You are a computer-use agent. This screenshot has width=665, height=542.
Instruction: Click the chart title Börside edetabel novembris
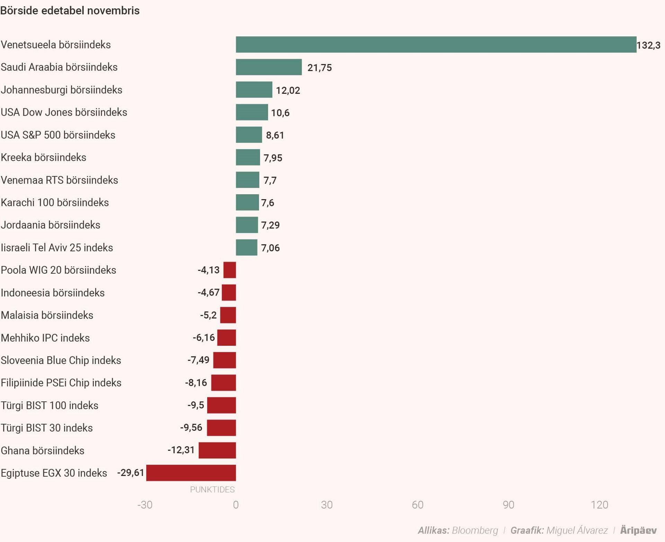(70, 11)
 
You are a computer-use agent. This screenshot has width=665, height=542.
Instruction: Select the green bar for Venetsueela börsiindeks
(436, 45)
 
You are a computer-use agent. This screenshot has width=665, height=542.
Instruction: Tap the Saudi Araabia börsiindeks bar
(268, 67)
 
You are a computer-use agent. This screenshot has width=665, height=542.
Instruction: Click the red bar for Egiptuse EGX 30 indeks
(191, 473)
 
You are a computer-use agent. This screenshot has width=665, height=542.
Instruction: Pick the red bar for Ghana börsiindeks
(217, 450)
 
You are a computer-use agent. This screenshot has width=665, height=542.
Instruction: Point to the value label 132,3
(648, 45)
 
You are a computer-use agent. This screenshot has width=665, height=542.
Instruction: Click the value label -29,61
(131, 473)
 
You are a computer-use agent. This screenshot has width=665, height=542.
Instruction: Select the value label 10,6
(280, 113)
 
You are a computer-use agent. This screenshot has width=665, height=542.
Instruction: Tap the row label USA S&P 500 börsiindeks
(58, 135)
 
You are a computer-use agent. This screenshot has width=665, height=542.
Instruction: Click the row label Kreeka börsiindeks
(43, 158)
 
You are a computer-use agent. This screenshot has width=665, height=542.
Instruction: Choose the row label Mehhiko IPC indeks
(45, 338)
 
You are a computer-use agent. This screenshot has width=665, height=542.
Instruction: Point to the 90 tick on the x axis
(508, 505)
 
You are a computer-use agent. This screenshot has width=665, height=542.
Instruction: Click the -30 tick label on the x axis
(145, 505)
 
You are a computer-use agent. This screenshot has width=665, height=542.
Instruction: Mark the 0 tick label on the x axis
(236, 505)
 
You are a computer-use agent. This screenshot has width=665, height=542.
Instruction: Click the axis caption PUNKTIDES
(212, 490)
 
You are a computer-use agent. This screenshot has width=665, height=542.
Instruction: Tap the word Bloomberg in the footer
(475, 531)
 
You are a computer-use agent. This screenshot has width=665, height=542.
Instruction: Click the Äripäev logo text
(638, 531)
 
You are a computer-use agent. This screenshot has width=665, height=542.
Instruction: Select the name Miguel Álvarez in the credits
(577, 531)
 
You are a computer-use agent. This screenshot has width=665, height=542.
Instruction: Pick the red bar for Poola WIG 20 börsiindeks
(230, 270)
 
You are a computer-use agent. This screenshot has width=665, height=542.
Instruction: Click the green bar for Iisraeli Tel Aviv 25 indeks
(246, 248)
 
